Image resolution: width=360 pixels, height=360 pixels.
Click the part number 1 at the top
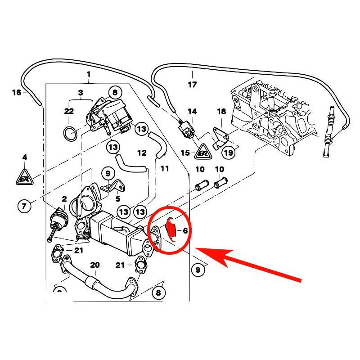(x=89, y=74)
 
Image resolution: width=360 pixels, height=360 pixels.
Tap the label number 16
(x=17, y=93)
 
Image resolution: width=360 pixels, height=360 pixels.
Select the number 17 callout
(x=192, y=85)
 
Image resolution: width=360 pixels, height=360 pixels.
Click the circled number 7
(x=24, y=207)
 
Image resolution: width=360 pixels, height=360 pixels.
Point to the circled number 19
(x=229, y=153)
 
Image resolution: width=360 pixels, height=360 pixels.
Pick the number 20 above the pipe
(x=94, y=265)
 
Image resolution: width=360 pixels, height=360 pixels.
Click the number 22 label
(x=68, y=111)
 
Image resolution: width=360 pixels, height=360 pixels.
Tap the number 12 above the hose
(x=142, y=153)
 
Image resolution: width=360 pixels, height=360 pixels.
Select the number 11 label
(x=165, y=169)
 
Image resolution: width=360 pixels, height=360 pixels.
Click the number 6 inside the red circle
(x=184, y=230)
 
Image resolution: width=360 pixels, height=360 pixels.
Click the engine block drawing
(x=270, y=112)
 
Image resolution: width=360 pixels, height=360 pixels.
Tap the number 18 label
(x=221, y=111)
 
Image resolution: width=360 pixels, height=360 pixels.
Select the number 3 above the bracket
(x=81, y=93)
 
